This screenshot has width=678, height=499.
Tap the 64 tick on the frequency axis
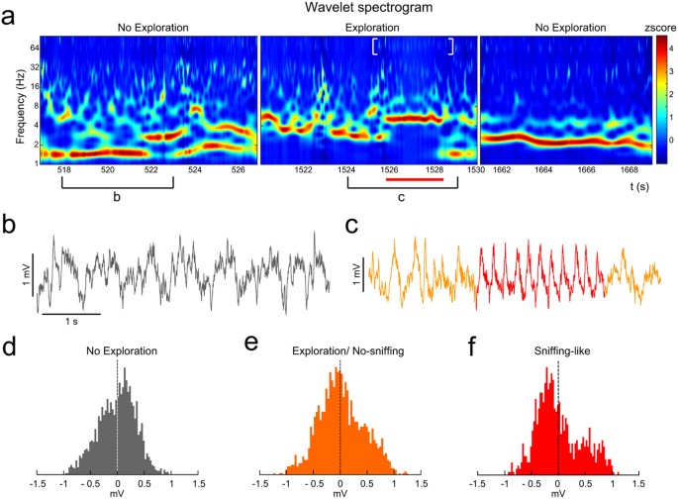33,47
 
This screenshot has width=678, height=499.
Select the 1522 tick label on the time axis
303,170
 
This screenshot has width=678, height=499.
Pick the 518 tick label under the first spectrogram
65,170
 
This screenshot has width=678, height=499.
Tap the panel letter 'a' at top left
8,10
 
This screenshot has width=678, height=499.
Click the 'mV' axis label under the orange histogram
339,490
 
